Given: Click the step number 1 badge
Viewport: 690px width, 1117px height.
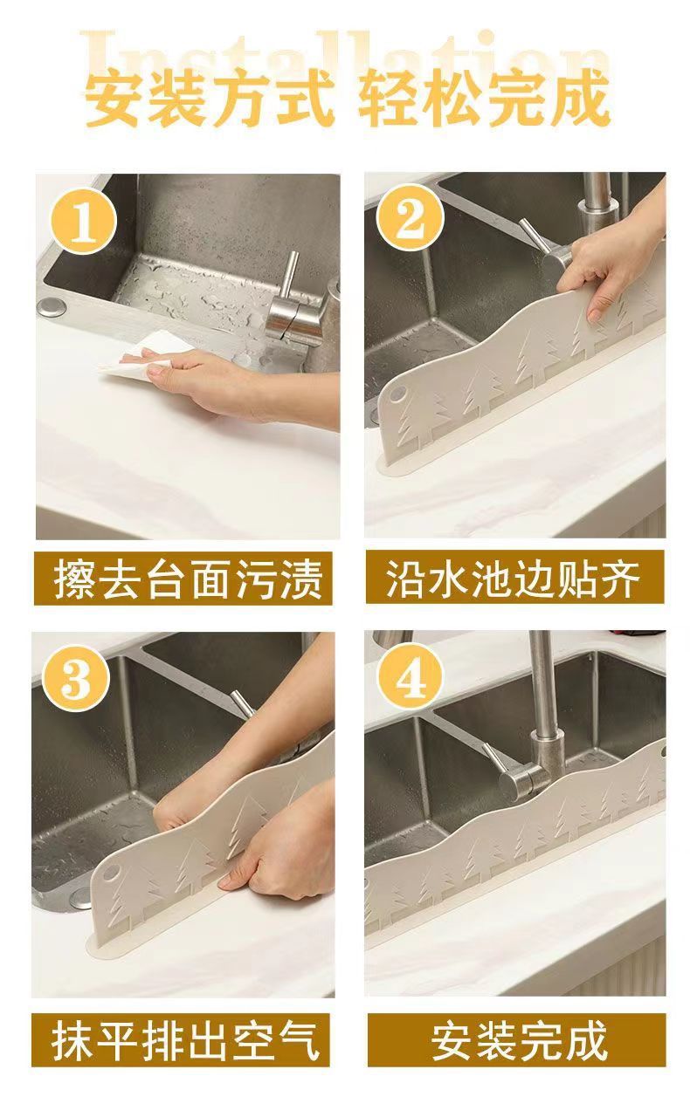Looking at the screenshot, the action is [84, 223].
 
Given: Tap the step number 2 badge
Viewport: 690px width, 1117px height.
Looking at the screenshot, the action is [411, 218].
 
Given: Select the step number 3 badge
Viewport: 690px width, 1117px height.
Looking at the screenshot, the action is [75, 680].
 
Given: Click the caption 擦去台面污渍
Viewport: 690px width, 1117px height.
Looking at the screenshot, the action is [183, 579].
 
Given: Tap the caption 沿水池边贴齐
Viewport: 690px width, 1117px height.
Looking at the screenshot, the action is [514, 578].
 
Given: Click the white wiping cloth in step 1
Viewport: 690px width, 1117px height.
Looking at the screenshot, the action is [145, 356].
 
